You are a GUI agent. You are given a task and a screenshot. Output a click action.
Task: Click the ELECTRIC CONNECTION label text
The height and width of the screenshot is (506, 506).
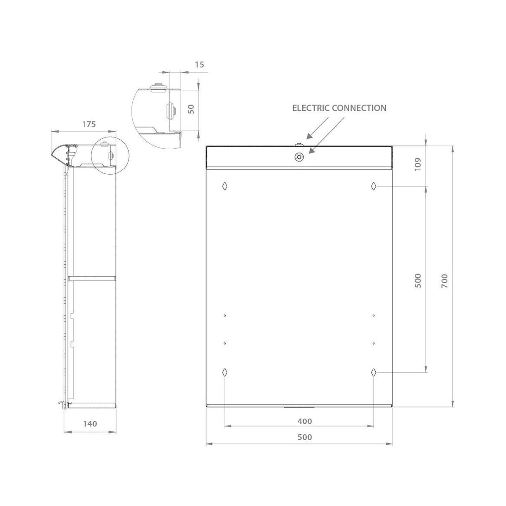point(339,108)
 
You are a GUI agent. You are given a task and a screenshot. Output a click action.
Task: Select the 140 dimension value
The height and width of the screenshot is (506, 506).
point(90,423)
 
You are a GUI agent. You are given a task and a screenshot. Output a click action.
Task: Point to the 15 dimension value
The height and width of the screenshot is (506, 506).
point(200,65)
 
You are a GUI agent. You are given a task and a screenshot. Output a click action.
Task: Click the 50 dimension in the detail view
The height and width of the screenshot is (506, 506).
point(191,109)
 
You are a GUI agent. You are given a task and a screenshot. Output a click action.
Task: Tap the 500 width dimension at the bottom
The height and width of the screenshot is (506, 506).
point(304,437)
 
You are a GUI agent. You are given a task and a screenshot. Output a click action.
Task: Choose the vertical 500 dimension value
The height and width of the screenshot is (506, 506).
point(418,280)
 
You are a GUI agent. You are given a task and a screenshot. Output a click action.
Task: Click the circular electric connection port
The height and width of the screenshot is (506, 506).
point(299,157)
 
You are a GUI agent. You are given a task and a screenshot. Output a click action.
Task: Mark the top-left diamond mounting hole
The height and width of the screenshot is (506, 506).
point(225,186)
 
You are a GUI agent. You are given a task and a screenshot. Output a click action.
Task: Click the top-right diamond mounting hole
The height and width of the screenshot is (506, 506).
point(374,186)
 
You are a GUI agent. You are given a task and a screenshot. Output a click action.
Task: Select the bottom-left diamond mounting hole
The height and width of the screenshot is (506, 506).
point(225,372)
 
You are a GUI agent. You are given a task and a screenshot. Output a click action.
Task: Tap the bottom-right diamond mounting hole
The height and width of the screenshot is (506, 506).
point(374,372)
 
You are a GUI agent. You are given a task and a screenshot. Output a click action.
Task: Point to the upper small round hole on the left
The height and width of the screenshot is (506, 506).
point(225,315)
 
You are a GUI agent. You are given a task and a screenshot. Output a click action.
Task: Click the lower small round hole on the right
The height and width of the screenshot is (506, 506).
point(374,343)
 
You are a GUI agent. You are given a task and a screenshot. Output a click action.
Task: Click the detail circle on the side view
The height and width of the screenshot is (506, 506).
point(106,156)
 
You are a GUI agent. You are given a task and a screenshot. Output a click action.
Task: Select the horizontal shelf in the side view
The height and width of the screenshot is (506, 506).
point(92,278)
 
